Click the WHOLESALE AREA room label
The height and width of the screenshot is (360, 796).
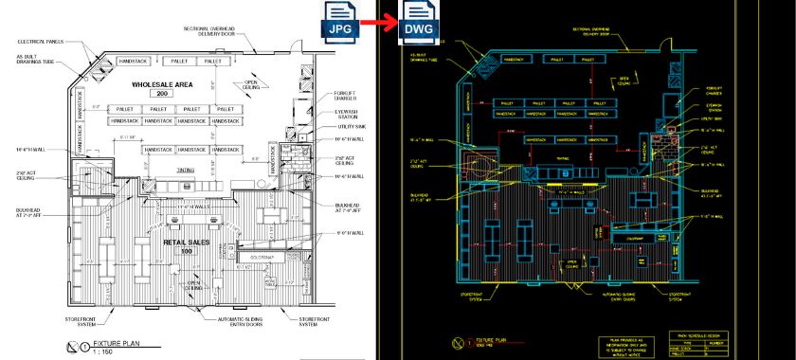162,84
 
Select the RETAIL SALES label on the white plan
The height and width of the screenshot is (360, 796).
180,242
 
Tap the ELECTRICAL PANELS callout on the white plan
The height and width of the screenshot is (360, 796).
41,42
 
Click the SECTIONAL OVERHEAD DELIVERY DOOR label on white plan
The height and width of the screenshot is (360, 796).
218,31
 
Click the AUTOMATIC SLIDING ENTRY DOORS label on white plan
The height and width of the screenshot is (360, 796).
244,323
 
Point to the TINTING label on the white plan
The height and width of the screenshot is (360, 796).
186,171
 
